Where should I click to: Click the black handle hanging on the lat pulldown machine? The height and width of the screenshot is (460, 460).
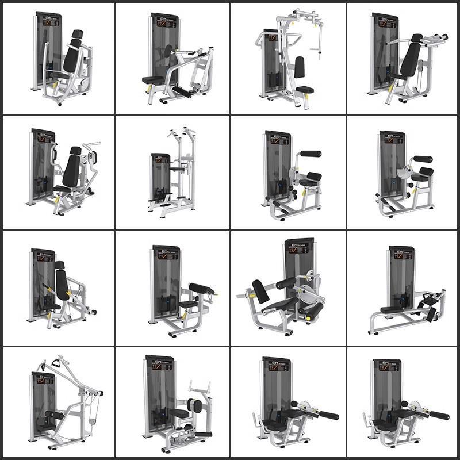pos(56,363)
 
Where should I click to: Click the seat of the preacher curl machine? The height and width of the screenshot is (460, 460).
pos(187,304)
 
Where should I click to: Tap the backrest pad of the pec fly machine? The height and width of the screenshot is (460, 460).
pos(299,67)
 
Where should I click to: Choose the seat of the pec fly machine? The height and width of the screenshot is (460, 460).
pos(304,89)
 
